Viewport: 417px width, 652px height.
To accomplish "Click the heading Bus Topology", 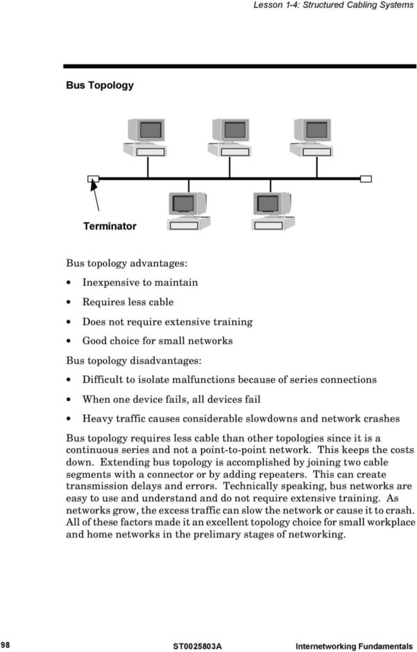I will (99, 85).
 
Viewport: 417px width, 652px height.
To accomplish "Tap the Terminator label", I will (110, 226).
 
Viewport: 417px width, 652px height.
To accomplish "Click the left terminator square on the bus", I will (93, 178).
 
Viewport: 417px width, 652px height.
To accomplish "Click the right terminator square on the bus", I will (366, 178).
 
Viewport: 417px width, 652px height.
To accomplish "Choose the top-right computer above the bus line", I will (312, 137).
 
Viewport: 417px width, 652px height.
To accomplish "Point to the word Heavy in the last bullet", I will (96, 419).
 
